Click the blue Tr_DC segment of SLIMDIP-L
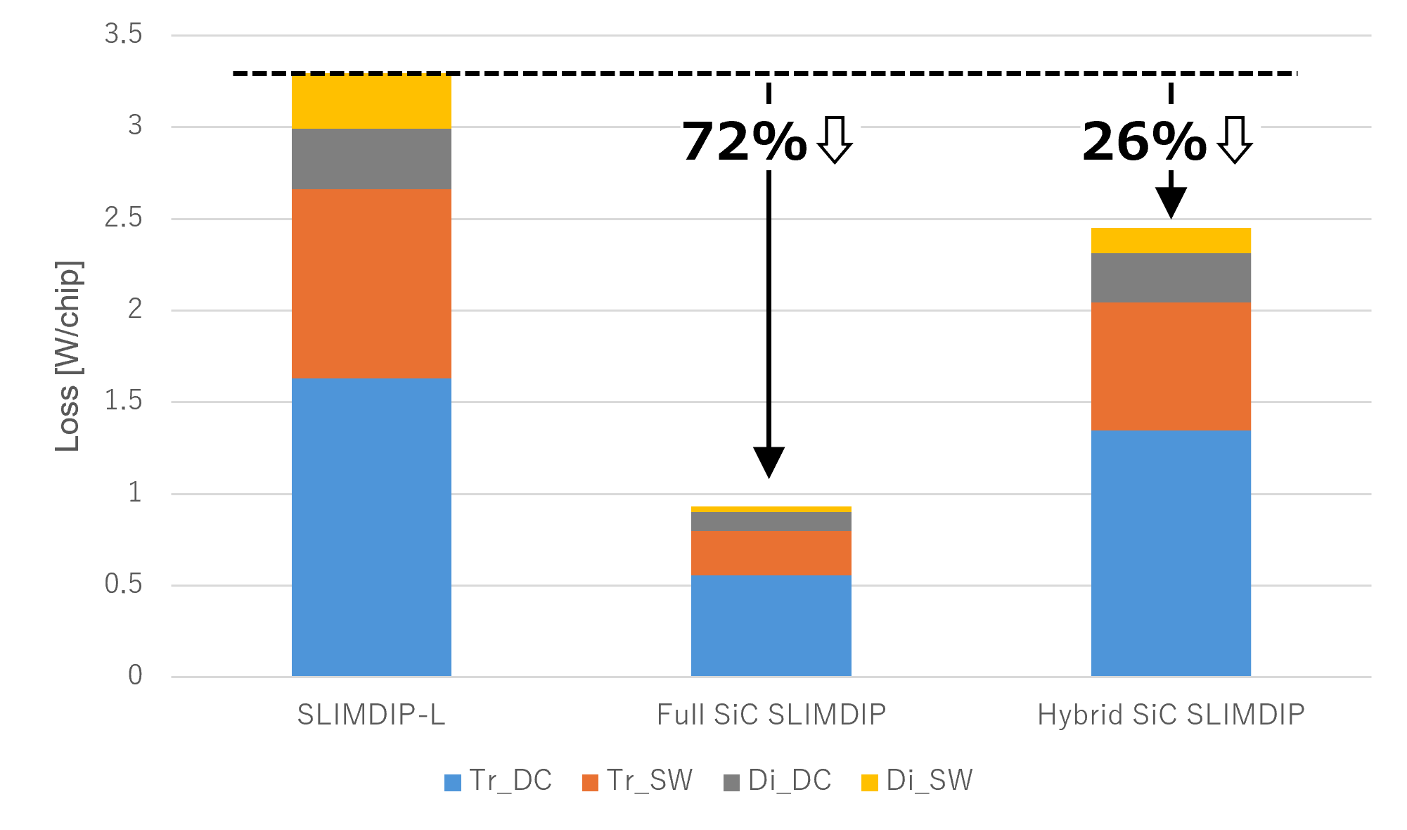371,528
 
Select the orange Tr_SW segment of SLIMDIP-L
371,283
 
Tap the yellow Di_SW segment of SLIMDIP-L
371,101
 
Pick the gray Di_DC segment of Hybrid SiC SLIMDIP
1171,278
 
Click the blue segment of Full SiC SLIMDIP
771,626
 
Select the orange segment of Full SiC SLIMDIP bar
771,553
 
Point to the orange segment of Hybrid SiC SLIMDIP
1171,366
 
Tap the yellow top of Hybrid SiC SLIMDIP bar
1171,241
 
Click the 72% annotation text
744,142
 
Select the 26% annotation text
1144,142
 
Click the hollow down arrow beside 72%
835,140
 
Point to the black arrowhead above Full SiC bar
769,462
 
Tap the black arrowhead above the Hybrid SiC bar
1171,203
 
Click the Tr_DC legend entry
498,781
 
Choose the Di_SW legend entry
917,781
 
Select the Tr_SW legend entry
637,781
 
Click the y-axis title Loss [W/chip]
68,356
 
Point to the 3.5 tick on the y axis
123,34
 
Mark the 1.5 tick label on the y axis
123,402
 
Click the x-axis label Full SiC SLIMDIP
771,715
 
